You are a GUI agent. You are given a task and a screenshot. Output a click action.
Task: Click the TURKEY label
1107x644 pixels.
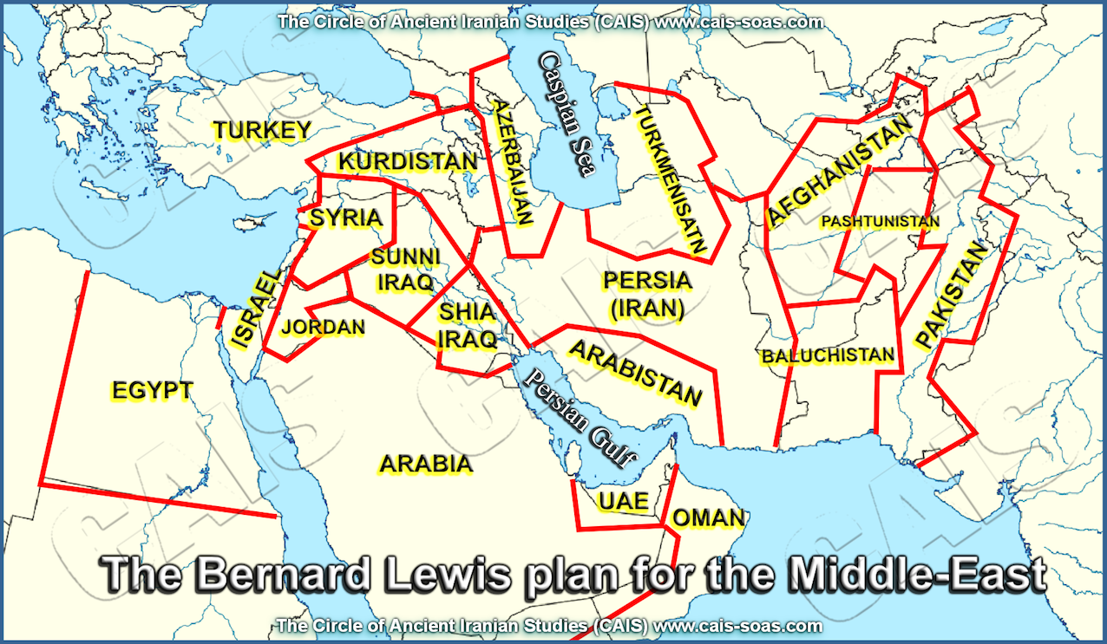click(x=262, y=131)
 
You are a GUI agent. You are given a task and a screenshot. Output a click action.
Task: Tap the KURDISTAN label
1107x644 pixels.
click(x=408, y=162)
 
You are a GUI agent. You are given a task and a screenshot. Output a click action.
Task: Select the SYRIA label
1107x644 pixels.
click(x=346, y=218)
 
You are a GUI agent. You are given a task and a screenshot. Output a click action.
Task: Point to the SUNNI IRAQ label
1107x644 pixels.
click(x=405, y=270)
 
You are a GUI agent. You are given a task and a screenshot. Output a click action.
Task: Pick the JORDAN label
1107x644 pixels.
click(x=324, y=328)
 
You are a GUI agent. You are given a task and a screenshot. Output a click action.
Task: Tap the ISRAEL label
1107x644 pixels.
click(x=258, y=309)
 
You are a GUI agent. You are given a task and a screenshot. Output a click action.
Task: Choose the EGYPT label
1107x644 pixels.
click(x=152, y=390)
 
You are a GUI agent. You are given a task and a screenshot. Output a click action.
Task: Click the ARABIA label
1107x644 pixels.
click(x=426, y=465)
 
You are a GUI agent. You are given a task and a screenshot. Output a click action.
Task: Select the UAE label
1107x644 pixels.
click(x=623, y=502)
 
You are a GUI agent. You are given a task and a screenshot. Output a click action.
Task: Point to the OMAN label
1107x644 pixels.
click(x=708, y=518)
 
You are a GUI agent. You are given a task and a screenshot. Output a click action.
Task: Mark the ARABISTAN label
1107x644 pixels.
click(x=635, y=373)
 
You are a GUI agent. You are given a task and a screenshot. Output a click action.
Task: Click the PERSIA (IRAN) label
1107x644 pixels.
click(x=647, y=293)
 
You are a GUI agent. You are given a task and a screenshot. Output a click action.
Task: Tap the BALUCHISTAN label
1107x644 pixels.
click(x=828, y=355)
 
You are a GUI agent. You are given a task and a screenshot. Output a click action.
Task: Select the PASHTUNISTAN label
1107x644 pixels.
click(x=880, y=222)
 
